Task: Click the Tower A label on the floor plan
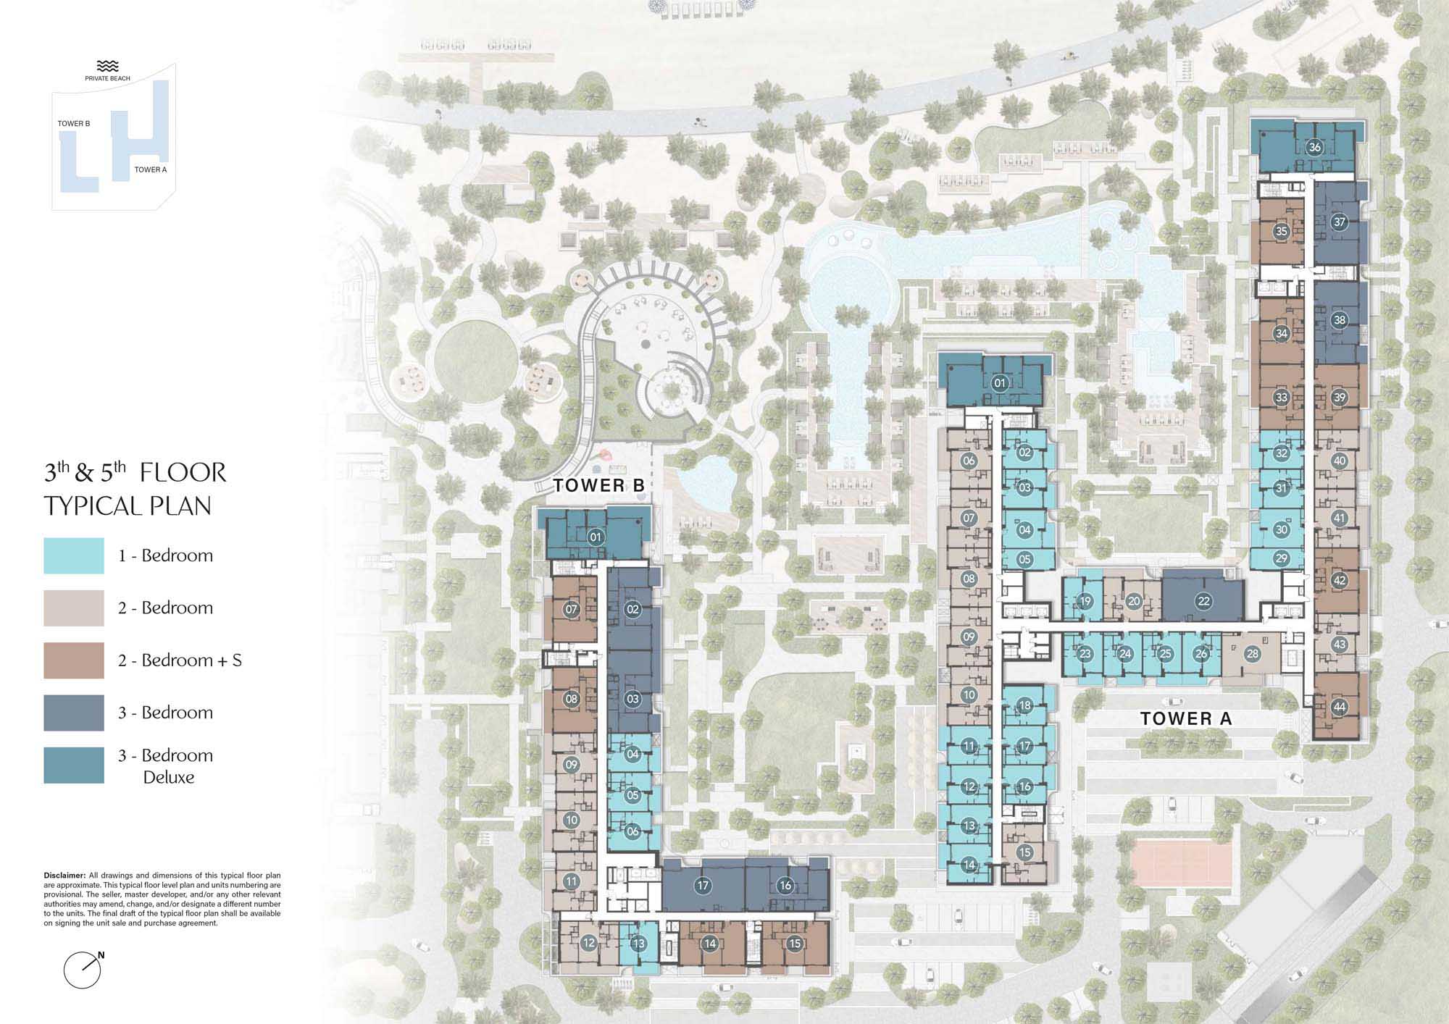pyautogui.click(x=1186, y=718)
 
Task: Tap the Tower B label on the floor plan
pyautogui.click(x=598, y=486)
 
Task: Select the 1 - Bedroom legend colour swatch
pyautogui.click(x=74, y=556)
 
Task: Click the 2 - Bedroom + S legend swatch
pyautogui.click(x=74, y=660)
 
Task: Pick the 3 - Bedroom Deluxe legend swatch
pyautogui.click(x=74, y=765)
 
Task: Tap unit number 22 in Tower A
pyautogui.click(x=1203, y=601)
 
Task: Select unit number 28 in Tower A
pyautogui.click(x=1252, y=654)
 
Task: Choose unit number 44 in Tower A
pyautogui.click(x=1339, y=707)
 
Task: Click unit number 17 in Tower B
pyautogui.click(x=702, y=885)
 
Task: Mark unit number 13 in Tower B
pyautogui.click(x=638, y=944)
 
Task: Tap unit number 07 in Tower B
pyautogui.click(x=571, y=610)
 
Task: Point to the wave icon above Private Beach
pyautogui.click(x=107, y=66)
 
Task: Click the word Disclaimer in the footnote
pyautogui.click(x=64, y=876)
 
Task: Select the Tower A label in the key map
pyautogui.click(x=151, y=169)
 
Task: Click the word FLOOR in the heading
pyautogui.click(x=183, y=473)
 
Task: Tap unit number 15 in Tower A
pyautogui.click(x=1024, y=852)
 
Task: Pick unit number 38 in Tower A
pyautogui.click(x=1339, y=320)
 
